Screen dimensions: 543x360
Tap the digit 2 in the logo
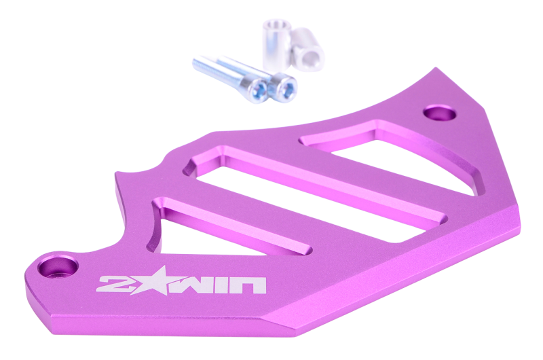(x=112, y=284)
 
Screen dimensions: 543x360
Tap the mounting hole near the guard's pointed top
(x=440, y=113)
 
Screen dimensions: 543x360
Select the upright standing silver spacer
(x=277, y=45)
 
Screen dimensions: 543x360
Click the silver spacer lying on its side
(x=307, y=50)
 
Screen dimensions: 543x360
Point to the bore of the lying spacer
(x=312, y=60)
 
